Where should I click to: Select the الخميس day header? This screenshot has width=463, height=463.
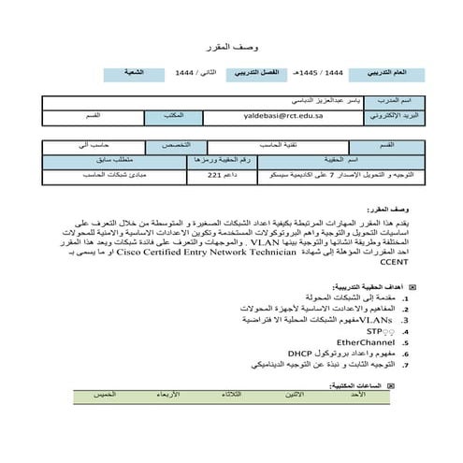pyautogui.click(x=104, y=396)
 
